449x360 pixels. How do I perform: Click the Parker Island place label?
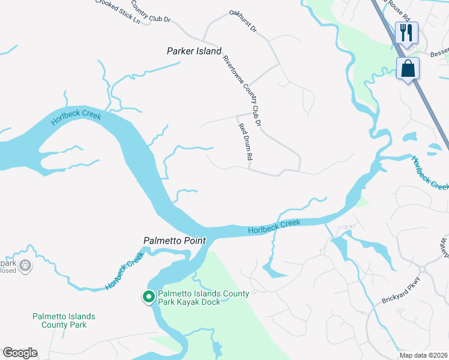[194, 52]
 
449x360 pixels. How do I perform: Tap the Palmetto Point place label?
[175, 241]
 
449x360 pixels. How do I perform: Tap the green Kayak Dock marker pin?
[148, 296]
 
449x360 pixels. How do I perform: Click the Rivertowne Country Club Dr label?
[243, 90]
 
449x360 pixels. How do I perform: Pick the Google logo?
[20, 353]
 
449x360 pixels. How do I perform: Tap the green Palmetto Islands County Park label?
[64, 320]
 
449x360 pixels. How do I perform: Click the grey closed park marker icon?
[25, 265]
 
